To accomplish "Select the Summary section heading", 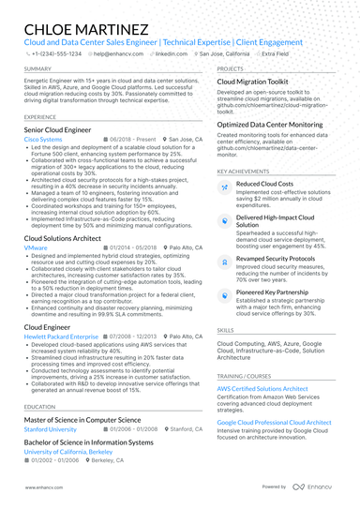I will click(x=38, y=69).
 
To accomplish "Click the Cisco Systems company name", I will click(x=43, y=138).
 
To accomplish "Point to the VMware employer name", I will click(x=37, y=247).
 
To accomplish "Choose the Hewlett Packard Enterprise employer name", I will click(x=61, y=335).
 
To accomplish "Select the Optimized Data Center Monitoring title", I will click(x=275, y=124).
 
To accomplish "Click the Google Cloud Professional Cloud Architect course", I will click(x=287, y=423).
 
